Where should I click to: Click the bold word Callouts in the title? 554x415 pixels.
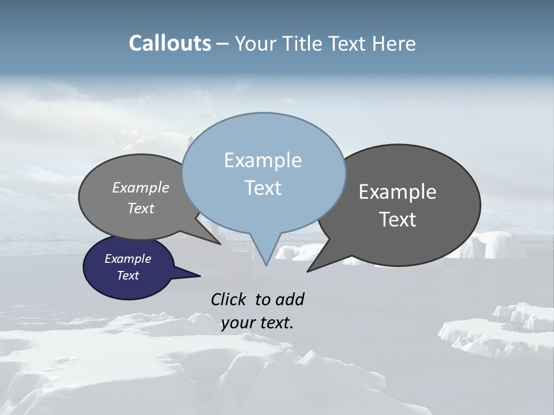[170, 43]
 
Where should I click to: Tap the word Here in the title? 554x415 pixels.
[394, 43]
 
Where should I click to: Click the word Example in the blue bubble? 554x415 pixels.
[263, 160]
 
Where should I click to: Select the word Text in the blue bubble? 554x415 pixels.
[263, 188]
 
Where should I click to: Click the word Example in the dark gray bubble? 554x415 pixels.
[398, 192]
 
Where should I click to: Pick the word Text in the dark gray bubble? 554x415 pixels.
[398, 220]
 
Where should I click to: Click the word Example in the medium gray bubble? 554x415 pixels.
[140, 188]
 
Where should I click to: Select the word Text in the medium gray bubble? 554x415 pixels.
[140, 208]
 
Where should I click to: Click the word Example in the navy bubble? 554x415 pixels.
[128, 259]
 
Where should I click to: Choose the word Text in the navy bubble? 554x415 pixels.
[128, 276]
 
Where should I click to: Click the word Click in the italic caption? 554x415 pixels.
[229, 299]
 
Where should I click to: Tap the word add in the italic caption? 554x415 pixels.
[289, 299]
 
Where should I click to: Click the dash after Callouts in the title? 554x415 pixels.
[222, 44]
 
